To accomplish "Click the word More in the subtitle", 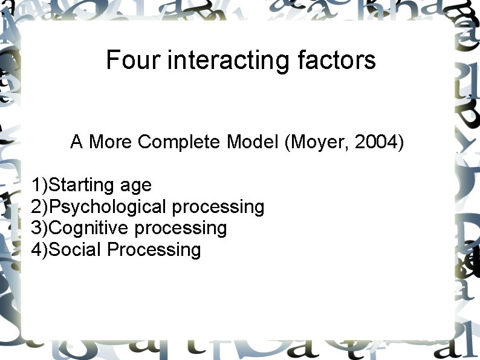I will [x=111, y=142].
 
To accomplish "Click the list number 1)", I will [x=39, y=185].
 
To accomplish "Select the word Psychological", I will [x=108, y=207].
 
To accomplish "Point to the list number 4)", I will [x=39, y=249].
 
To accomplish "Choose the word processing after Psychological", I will [x=218, y=208].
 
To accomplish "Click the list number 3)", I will [x=39, y=228].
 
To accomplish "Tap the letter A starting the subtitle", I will [x=76, y=142].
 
